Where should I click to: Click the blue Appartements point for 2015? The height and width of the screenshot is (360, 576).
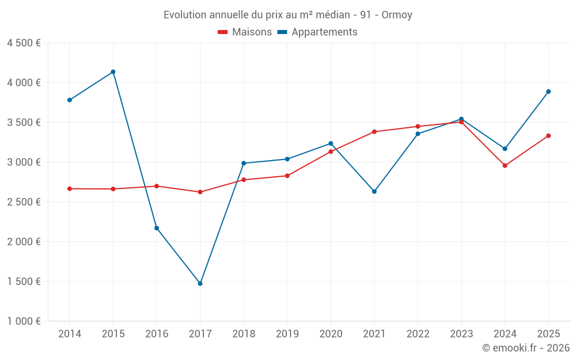pos(113,72)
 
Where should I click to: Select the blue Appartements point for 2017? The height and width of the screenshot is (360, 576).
pos(200,283)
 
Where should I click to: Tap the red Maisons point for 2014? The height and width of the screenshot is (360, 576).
pos(69,189)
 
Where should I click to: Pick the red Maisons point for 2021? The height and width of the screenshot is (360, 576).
pos(374,132)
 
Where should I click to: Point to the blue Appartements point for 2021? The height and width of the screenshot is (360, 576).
pos(374,191)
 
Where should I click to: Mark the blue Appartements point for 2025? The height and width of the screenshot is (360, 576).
pos(548,92)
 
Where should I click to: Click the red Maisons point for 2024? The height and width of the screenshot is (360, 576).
pos(505,166)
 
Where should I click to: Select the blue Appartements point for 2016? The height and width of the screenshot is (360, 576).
pos(157,228)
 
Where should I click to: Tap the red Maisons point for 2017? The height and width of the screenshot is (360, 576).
pos(200,192)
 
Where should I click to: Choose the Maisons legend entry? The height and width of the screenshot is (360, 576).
pos(245,32)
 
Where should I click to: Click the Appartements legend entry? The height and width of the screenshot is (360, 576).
pos(317,32)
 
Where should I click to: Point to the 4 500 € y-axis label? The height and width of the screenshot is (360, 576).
pos(24,43)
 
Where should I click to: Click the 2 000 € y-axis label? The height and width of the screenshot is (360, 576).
pos(24,242)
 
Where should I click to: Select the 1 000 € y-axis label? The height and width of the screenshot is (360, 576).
pos(24,321)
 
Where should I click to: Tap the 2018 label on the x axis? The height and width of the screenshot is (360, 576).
pos(244,334)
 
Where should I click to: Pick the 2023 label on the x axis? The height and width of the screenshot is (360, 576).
pos(461,334)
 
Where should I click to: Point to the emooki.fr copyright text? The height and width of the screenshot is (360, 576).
pos(526,348)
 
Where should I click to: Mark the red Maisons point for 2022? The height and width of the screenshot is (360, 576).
pos(418,127)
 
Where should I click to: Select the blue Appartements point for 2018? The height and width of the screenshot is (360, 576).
pos(244,163)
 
